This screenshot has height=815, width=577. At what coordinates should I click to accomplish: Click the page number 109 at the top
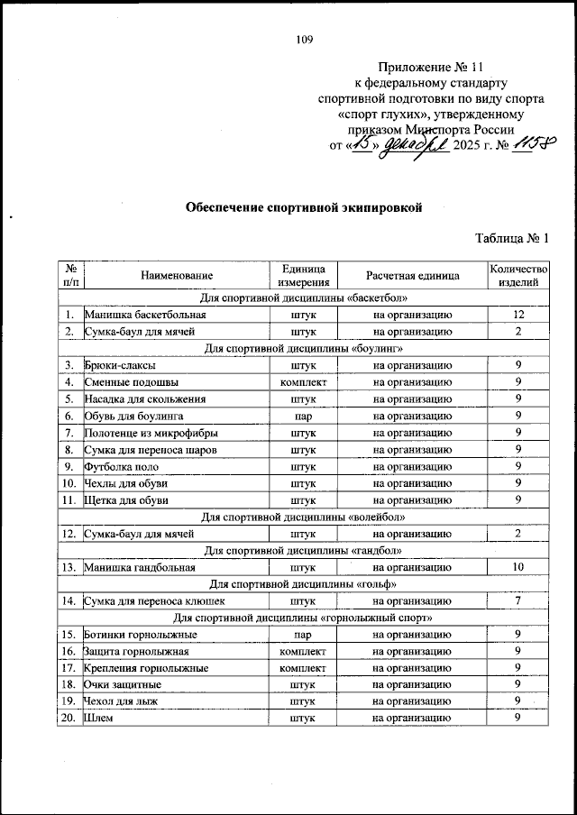click(304, 39)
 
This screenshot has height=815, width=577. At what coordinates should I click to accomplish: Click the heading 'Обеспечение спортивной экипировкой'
click(304, 206)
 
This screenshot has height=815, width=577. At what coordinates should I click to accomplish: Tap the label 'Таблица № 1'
click(511, 238)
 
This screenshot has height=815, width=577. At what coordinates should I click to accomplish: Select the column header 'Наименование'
click(176, 275)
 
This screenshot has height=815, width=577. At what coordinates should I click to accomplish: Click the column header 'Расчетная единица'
click(413, 275)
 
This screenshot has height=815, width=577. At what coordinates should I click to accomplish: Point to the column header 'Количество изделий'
click(517, 275)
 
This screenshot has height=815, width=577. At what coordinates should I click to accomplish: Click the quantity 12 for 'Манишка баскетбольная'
click(517, 315)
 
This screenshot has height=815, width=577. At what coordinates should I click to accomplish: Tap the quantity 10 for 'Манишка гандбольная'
click(517, 567)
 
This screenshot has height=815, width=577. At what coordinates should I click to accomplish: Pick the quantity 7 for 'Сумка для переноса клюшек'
click(517, 600)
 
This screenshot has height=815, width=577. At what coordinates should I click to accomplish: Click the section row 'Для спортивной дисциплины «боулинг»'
click(303, 348)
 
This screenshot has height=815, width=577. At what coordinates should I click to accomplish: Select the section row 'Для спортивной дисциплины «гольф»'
click(303, 583)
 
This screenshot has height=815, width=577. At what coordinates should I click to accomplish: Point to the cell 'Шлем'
click(99, 718)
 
